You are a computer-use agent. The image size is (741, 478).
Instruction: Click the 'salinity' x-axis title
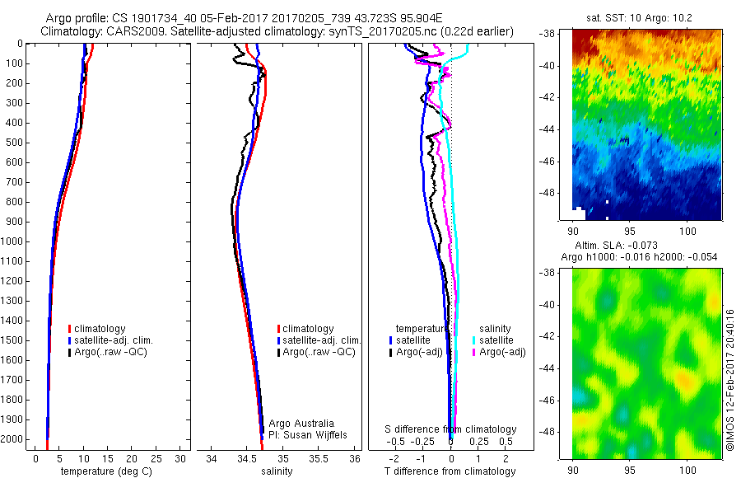coord(276,472)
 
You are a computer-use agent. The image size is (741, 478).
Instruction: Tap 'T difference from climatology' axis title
coord(450,472)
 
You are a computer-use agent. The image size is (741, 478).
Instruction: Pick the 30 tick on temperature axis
coord(181,459)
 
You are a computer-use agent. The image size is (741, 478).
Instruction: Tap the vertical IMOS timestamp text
coord(729,379)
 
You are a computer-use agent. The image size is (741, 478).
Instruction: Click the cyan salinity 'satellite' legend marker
coord(475,340)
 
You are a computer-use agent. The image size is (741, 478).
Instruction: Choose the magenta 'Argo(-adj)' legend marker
coord(475,352)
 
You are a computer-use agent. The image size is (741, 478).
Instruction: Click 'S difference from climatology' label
coord(450,429)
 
